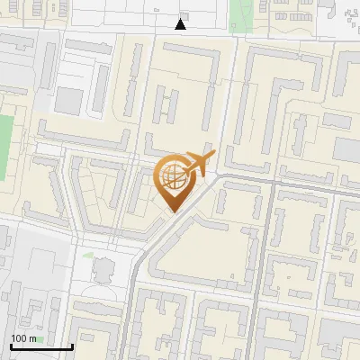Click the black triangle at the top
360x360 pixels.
181,24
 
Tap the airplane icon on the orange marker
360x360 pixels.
200,164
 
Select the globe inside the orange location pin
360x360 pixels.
171,176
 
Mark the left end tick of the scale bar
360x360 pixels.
10,346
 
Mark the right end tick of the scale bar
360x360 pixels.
72,346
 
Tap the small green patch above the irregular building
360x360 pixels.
88,256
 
